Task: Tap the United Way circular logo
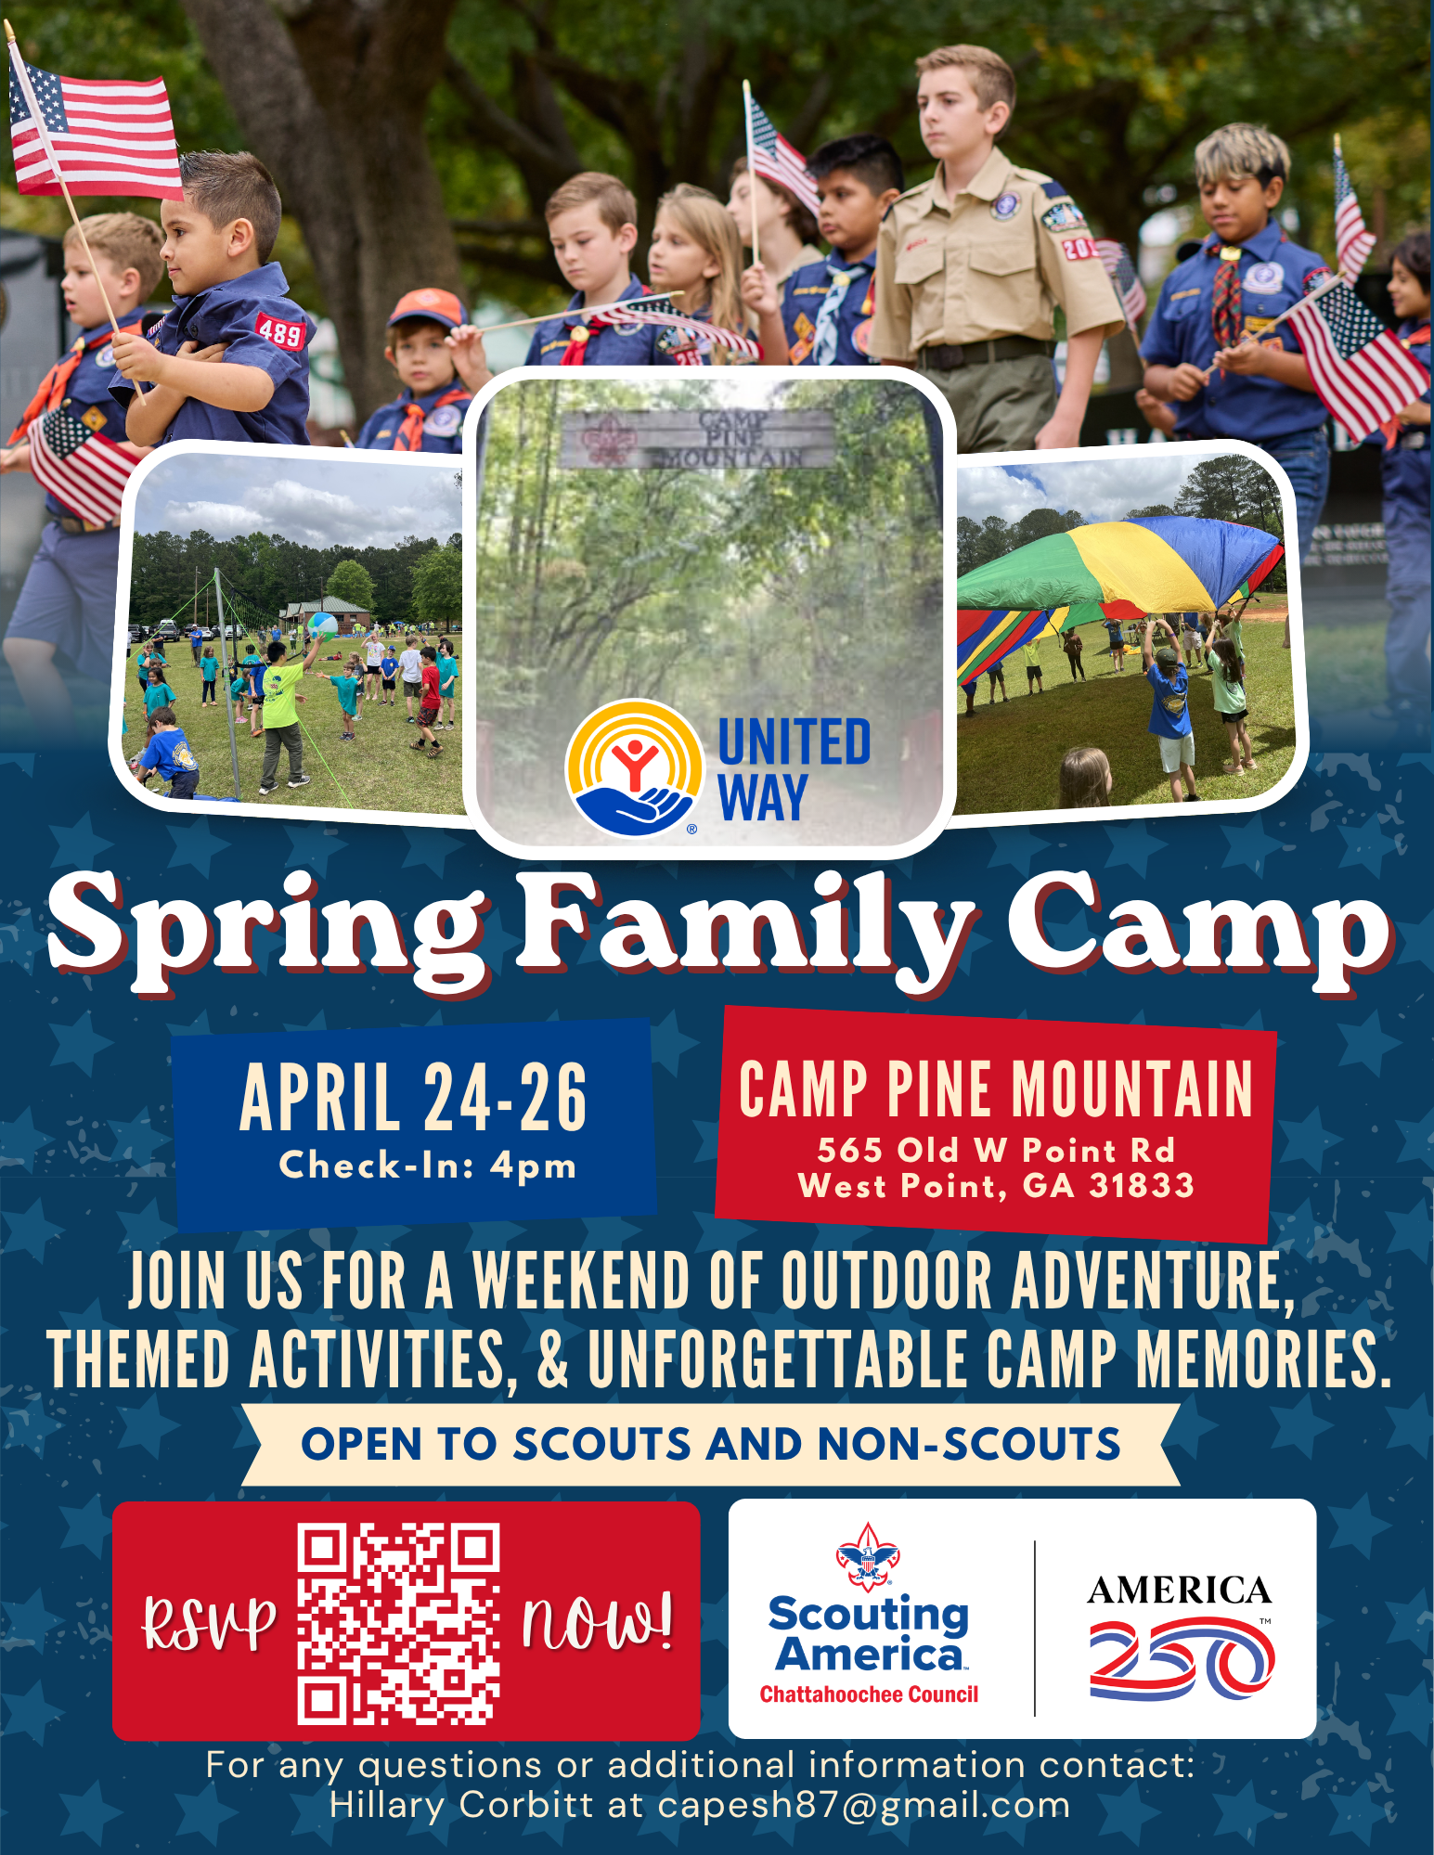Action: coord(634,767)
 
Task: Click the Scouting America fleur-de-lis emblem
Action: coord(868,1556)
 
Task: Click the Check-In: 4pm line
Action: coord(428,1166)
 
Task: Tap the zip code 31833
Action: coord(1142,1186)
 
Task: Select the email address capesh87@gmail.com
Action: coord(864,1806)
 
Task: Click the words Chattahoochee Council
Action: coord(869,1694)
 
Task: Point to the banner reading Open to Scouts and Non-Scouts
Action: coord(711,1445)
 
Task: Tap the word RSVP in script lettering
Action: coord(210,1624)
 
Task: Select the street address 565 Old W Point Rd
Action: coord(996,1151)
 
